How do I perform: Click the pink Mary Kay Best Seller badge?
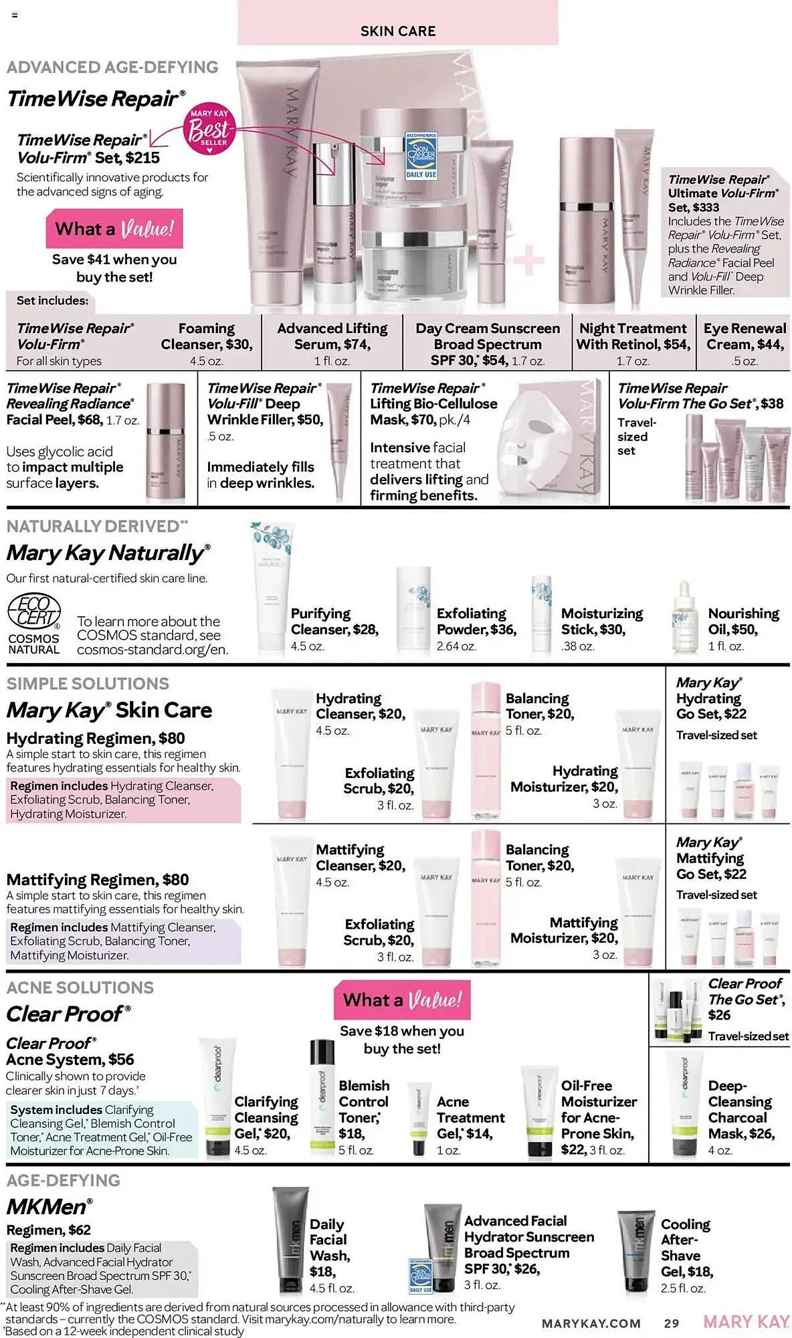(x=209, y=129)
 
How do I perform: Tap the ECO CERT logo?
(x=34, y=611)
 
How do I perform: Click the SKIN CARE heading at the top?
(x=397, y=31)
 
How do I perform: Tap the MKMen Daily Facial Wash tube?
(x=291, y=1241)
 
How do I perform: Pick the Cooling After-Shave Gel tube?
(x=635, y=1250)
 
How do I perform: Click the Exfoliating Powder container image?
(x=413, y=609)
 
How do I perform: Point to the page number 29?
(x=671, y=1323)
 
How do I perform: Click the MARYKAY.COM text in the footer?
(x=591, y=1323)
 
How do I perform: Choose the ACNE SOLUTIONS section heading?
(x=80, y=987)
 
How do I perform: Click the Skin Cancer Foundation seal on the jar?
(x=421, y=155)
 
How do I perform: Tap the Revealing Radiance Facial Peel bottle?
(x=165, y=443)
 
